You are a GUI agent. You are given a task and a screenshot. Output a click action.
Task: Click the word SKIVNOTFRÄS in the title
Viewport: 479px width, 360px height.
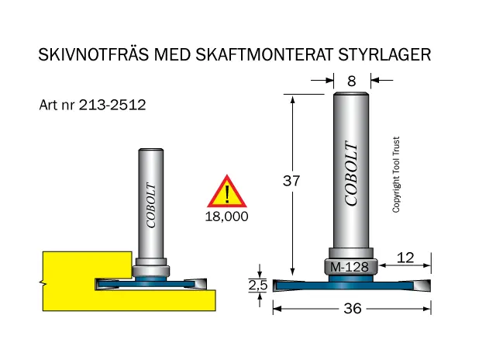point(94,54)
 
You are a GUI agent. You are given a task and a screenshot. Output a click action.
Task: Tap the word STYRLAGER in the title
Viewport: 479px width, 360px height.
point(384,54)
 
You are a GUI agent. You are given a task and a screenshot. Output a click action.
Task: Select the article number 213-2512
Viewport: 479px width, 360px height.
point(112,105)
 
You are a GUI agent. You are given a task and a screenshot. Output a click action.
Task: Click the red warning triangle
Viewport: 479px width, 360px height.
point(226,191)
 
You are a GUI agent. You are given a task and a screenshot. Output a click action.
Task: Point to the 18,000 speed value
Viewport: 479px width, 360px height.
point(226,216)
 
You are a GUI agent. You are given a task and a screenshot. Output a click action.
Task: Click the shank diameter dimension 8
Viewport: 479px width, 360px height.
point(352,81)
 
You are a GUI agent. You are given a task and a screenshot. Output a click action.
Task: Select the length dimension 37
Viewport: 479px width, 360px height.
point(291,181)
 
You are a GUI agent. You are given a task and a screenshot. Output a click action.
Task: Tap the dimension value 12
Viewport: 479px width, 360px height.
point(405,258)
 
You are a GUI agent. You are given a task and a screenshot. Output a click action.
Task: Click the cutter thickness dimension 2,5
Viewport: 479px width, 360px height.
point(258,286)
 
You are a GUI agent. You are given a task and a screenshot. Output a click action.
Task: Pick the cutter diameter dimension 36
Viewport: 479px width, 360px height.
point(353,308)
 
